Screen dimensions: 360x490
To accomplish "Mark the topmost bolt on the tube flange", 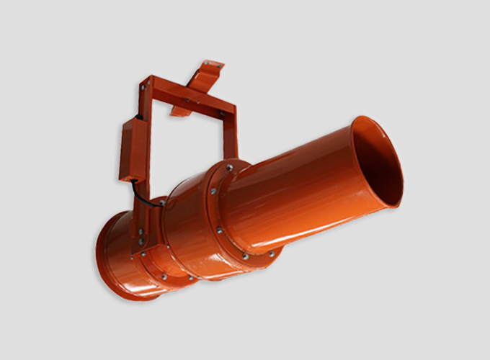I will point(229,168).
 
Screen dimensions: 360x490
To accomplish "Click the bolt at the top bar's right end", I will point(223,114).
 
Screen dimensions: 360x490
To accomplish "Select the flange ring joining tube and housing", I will point(223,216).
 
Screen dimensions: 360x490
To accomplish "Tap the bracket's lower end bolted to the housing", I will point(140,238).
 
